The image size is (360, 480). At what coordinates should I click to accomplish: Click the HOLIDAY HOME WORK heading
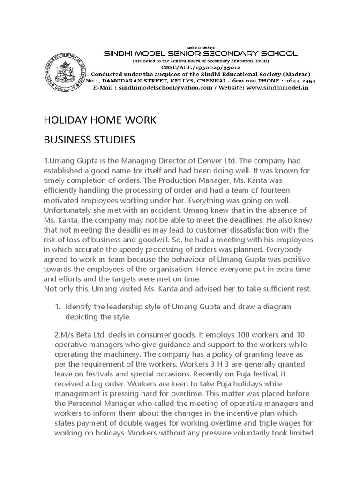(99, 121)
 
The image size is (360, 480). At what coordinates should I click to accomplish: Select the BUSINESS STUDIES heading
(89, 140)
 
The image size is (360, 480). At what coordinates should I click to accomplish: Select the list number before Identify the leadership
(58, 306)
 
